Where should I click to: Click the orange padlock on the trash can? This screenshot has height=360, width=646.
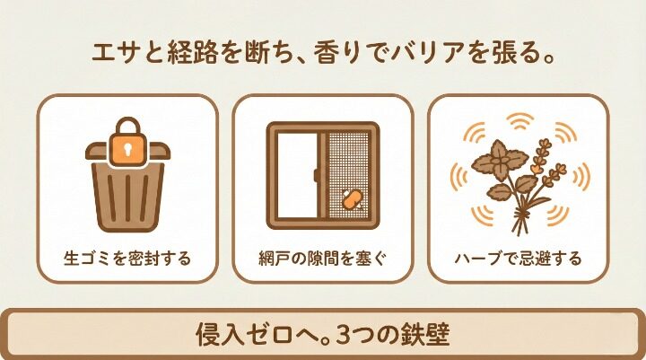click(x=127, y=148)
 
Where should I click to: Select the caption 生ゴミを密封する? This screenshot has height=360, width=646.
click(x=127, y=259)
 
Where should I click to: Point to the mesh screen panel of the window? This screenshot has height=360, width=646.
click(x=348, y=175)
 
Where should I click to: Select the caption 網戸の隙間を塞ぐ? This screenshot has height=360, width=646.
click(x=322, y=259)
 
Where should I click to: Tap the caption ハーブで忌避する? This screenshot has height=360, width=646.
click(x=518, y=259)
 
